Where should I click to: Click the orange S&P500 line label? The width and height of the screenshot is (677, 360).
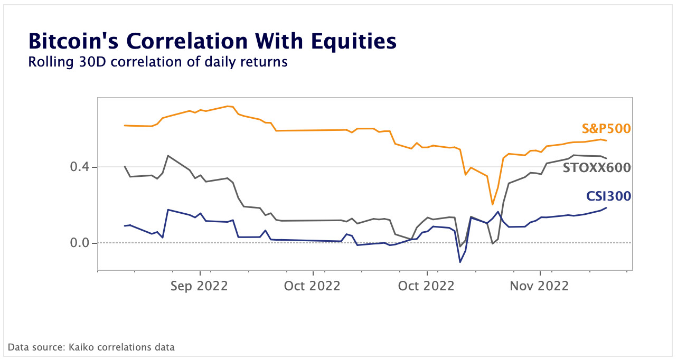(x=606, y=128)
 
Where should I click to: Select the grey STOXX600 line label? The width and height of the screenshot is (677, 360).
(x=597, y=168)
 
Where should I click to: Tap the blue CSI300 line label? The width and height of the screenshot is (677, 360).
(x=608, y=196)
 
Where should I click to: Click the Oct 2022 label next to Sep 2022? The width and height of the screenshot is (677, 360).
(x=313, y=286)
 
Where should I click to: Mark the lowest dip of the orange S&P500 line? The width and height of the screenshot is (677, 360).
(x=492, y=204)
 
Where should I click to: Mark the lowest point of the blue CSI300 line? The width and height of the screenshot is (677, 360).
(x=460, y=262)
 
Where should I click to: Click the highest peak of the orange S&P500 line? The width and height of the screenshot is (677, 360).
(x=228, y=106)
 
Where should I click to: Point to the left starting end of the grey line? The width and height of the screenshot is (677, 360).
(x=125, y=166)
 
